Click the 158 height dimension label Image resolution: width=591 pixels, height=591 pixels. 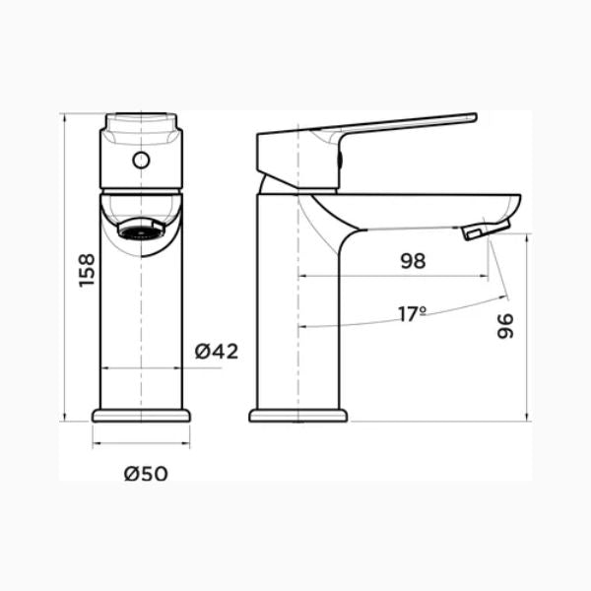coord(86,270)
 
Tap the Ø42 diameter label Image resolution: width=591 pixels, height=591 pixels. coord(216,352)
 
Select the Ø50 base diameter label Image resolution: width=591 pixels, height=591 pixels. coord(146,474)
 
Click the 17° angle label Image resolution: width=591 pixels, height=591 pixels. coord(412,314)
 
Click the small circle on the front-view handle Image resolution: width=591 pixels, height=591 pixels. coord(141,159)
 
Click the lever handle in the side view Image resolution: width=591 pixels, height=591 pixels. coord(394,128)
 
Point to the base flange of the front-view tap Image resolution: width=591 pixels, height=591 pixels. coord(141,415)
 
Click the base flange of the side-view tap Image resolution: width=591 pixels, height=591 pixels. coord(298,415)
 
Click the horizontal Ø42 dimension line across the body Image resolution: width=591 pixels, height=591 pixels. coord(141,367)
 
